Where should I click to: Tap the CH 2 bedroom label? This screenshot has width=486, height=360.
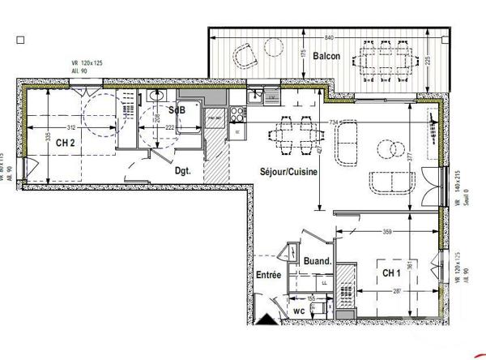67,142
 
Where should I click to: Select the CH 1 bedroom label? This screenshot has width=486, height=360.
392,274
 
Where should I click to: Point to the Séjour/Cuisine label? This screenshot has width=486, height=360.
288,172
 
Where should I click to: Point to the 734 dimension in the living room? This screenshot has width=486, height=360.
333,122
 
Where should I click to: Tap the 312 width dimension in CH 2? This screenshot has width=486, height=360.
72,128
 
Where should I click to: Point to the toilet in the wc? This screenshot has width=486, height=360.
322,309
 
